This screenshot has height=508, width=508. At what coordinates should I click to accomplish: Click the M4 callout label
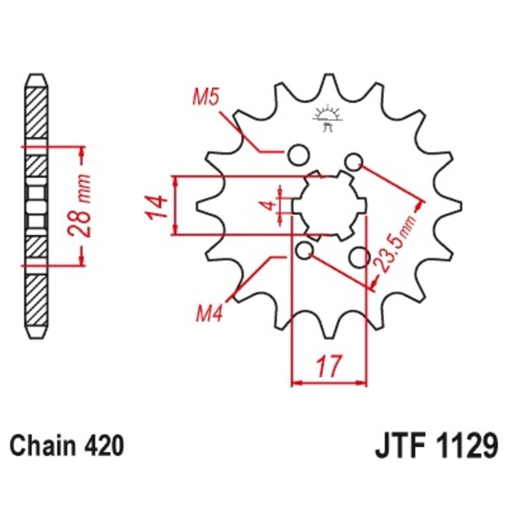coord(209,313)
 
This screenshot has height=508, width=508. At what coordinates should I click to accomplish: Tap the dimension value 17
coord(328,368)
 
